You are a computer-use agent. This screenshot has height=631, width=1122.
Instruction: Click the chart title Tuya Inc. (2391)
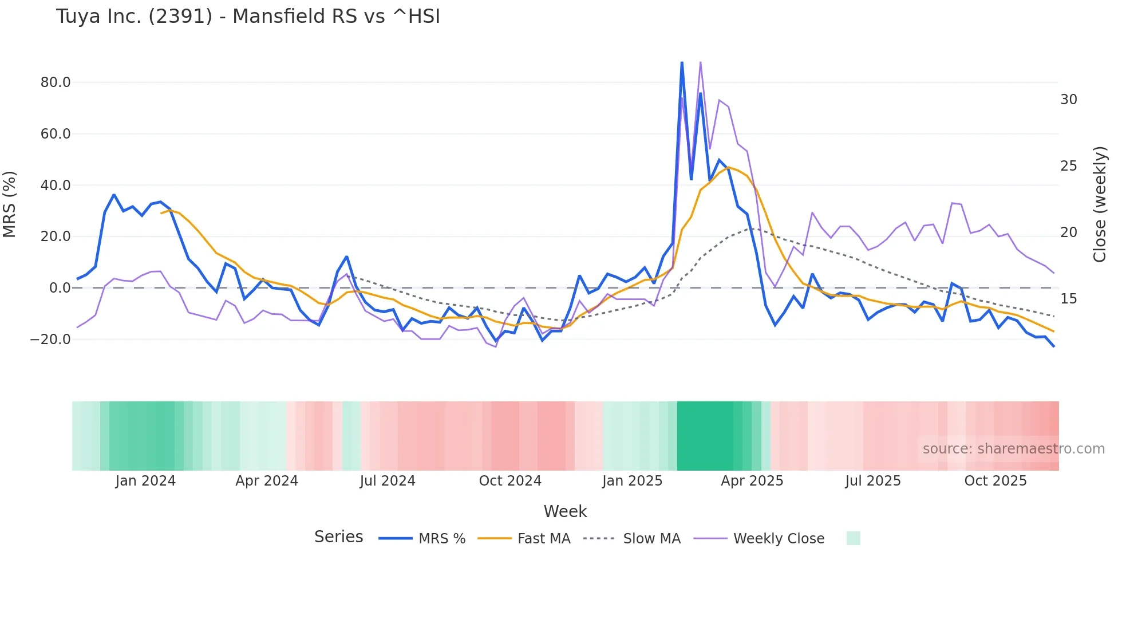248,17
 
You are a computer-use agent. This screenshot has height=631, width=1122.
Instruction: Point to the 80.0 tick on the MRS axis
56,82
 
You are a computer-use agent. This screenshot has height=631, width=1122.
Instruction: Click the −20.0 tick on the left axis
50,340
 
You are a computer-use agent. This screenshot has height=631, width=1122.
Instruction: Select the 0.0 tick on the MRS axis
60,288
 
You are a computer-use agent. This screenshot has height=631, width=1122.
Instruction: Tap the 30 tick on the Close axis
1068,100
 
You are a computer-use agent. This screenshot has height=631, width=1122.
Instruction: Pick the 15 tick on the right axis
1068,299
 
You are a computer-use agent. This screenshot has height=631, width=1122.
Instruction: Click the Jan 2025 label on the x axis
632,481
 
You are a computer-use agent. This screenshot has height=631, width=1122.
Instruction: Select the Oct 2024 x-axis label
510,481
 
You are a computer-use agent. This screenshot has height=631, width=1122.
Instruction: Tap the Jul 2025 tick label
872,481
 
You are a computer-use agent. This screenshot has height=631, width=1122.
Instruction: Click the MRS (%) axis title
10,204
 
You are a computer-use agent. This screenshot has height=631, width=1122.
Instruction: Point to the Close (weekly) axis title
1100,204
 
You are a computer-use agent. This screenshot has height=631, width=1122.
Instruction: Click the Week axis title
565,511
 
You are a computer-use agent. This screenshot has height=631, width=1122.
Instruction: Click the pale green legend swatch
853,538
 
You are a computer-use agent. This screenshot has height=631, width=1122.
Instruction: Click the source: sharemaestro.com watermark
1013,449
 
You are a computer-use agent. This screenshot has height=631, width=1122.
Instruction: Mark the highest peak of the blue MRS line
682,62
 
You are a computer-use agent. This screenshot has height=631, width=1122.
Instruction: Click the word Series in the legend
338,537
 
